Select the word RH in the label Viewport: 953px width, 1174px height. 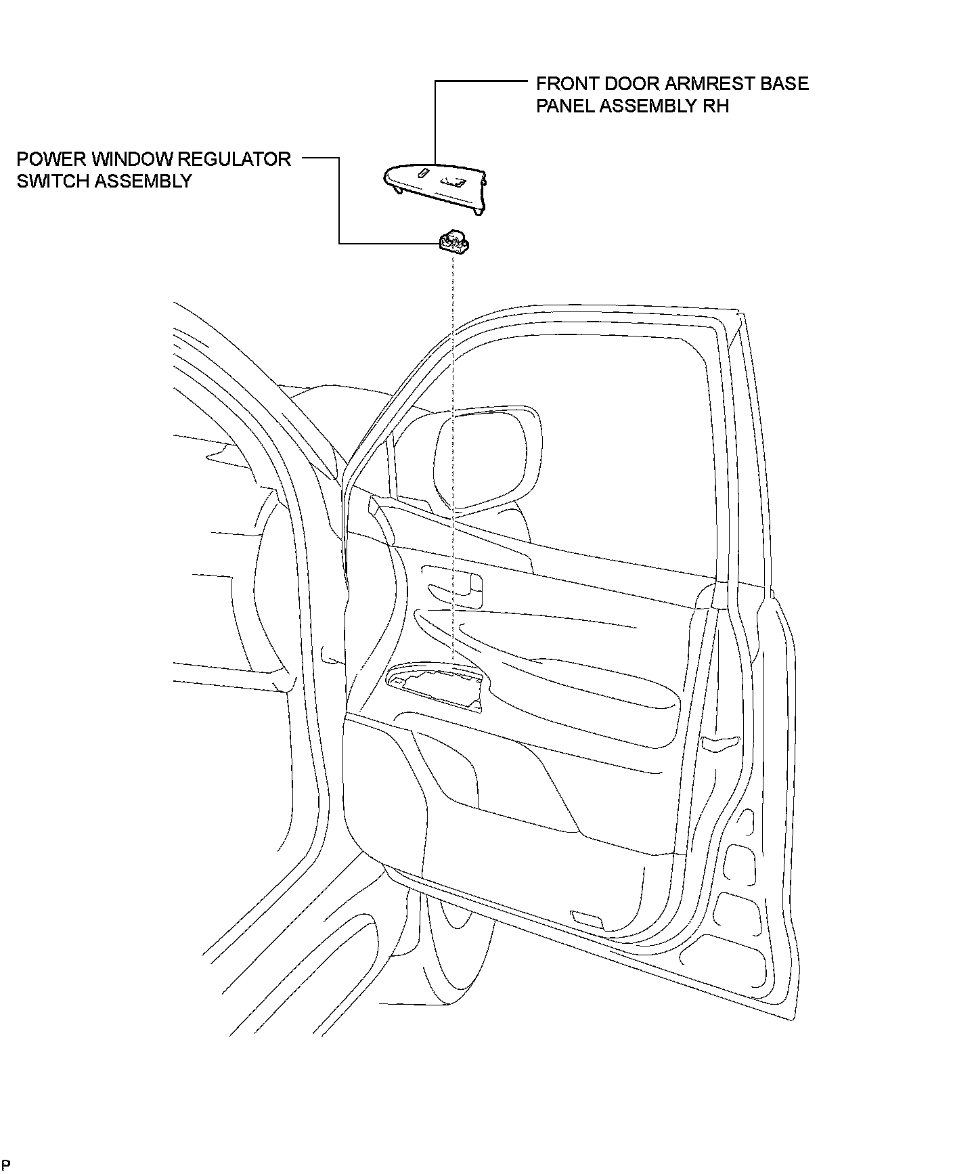[x=717, y=106]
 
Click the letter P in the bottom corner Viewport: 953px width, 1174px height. [x=5, y=1165]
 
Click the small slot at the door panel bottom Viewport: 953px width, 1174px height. [x=587, y=919]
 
